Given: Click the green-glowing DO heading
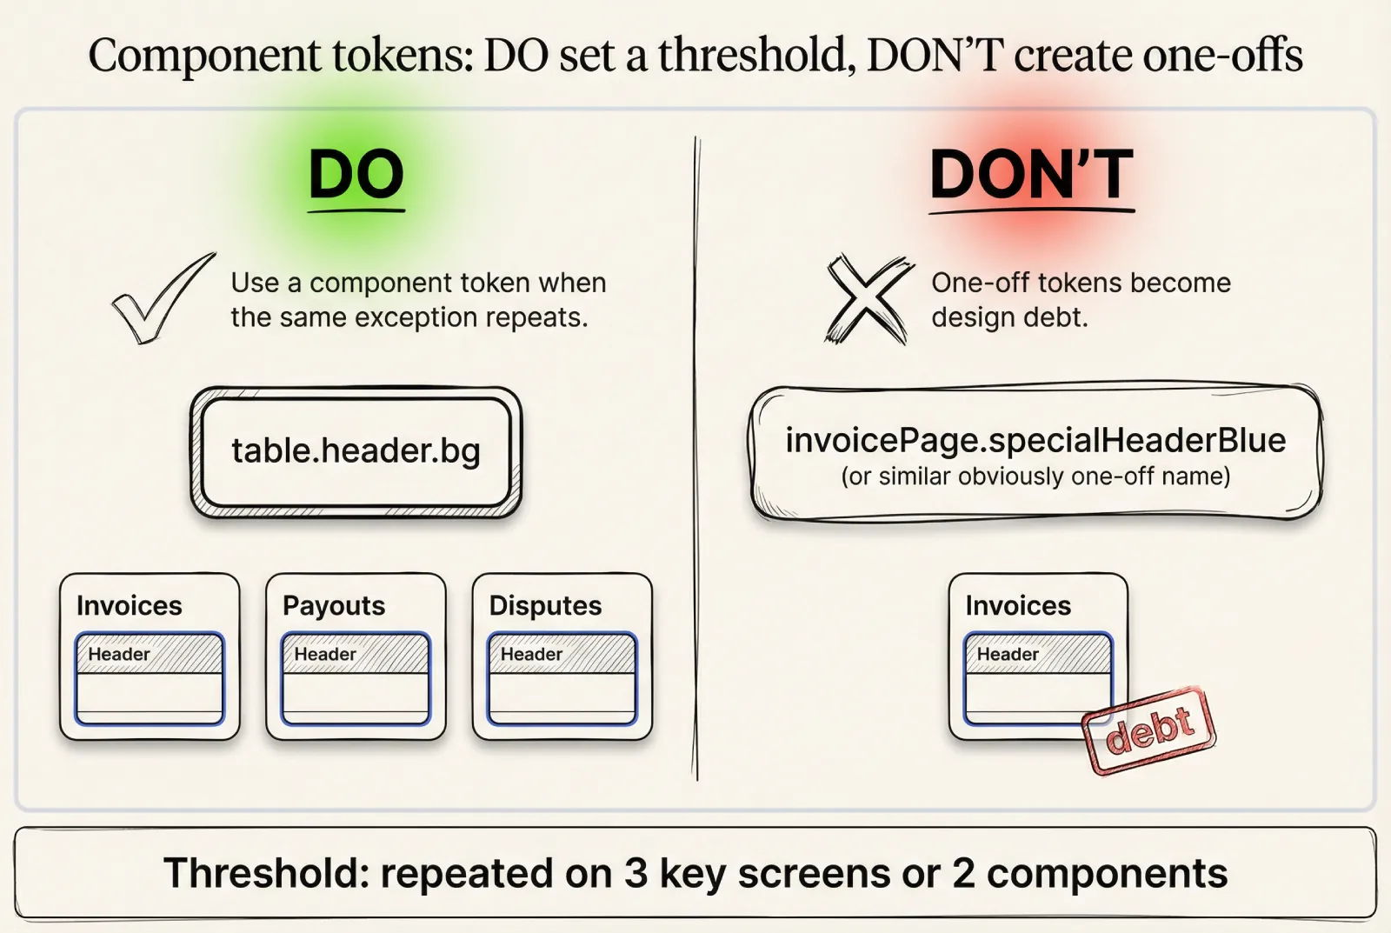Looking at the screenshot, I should coord(356,174).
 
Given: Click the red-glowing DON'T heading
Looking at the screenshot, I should coord(1031,174).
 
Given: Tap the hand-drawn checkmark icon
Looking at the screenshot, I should coord(162,298).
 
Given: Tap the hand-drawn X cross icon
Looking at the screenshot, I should coord(868,298).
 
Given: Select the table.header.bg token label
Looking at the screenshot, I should coord(356,450).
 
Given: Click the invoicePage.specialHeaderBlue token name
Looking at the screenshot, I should coord(1035,440).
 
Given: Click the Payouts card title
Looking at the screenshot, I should coord(334,605).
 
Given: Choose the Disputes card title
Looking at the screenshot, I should coord(545,605).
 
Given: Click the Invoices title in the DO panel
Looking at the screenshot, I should coord(130,605).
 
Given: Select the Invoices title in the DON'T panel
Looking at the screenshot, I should coord(1018,605).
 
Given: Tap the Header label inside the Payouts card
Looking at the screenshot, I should coord(325,654).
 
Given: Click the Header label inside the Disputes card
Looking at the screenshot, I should coord(531,654).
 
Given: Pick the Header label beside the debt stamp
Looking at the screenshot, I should coord(1008,654).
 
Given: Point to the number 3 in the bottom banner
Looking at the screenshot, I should coord(636,873).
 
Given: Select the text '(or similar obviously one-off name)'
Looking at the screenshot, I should coord(1035,476).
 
